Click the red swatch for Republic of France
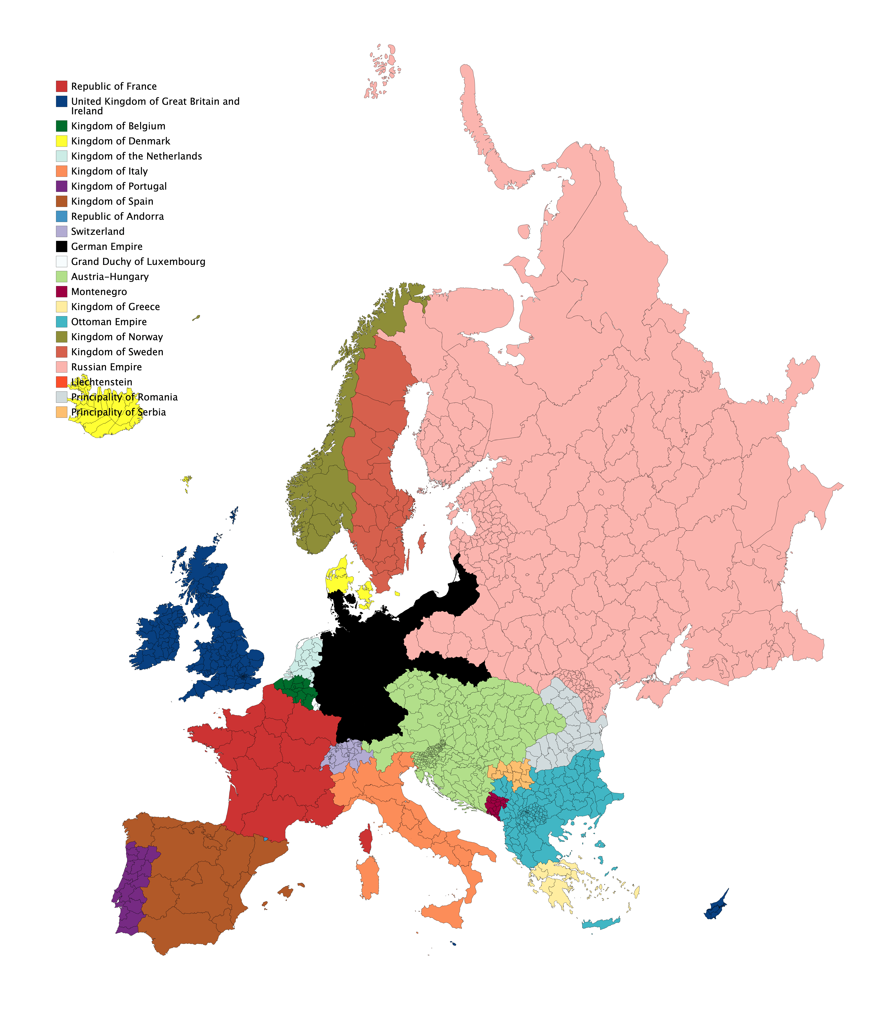click(x=61, y=86)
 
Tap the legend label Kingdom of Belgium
click(x=118, y=126)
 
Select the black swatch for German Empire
click(x=61, y=246)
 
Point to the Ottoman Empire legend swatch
click(x=61, y=322)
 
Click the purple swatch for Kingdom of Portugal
click(x=61, y=186)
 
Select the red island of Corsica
click(x=366, y=839)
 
